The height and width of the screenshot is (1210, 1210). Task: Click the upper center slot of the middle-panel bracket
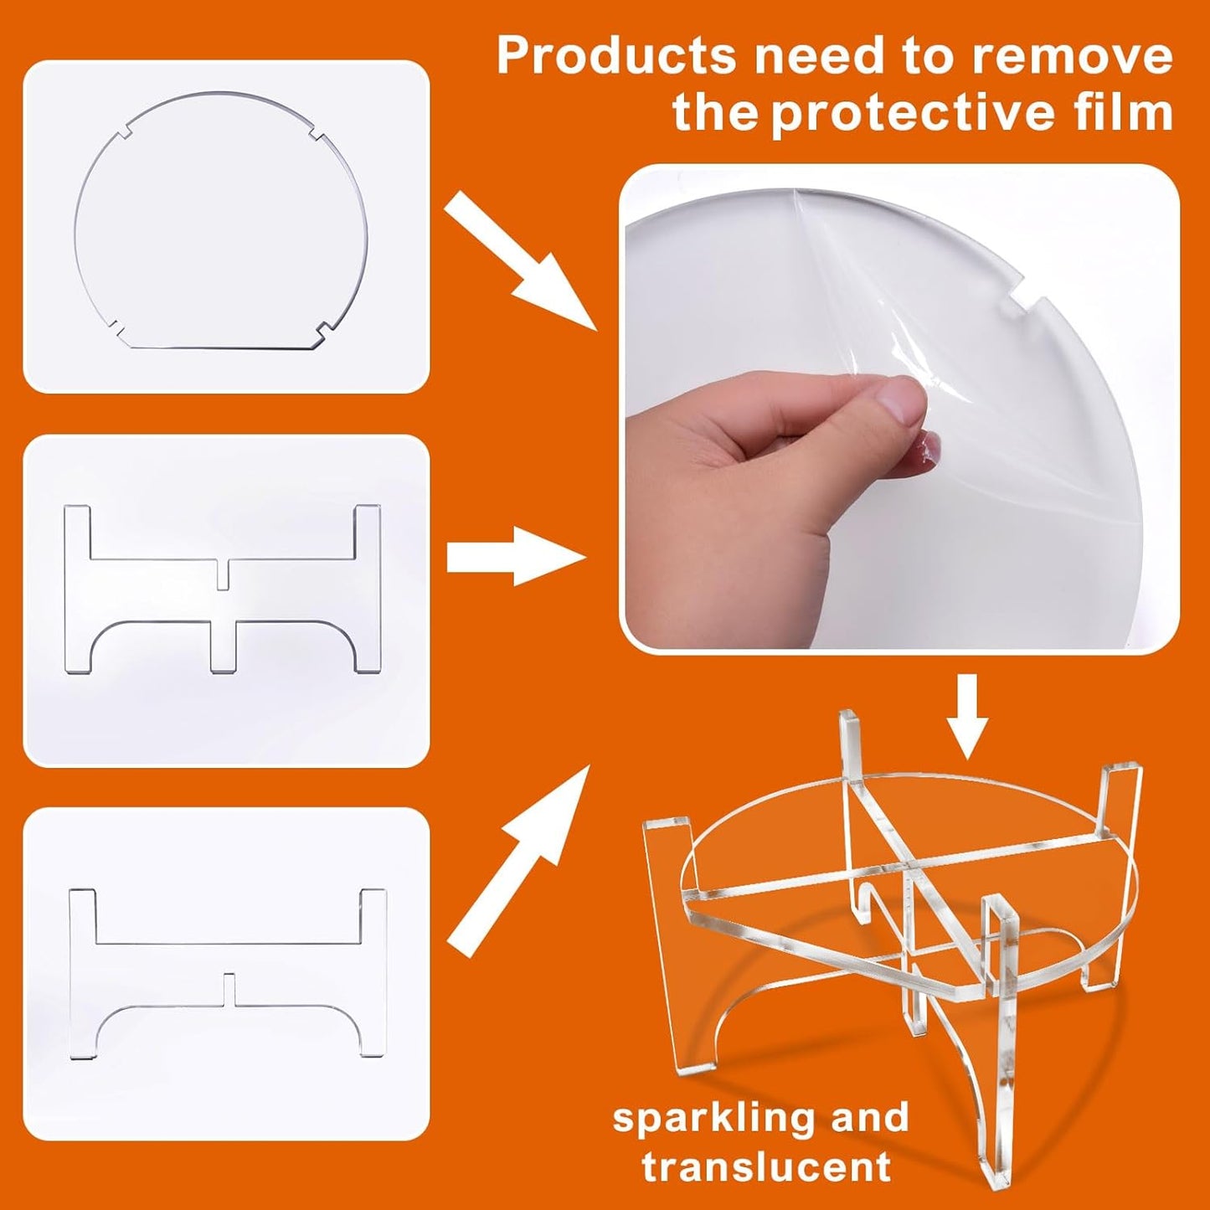coord(223,574)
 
